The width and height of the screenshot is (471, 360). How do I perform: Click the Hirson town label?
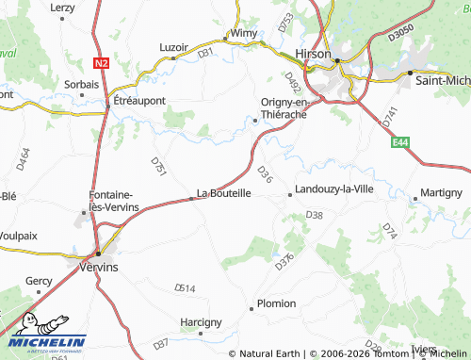(313, 55)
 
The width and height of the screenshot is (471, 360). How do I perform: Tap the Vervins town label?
(99, 268)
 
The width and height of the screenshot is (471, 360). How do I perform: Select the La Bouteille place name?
(223, 193)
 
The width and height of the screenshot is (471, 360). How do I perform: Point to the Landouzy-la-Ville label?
(335, 189)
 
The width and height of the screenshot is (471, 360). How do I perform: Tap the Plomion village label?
(276, 303)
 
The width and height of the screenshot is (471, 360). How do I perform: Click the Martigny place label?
(441, 192)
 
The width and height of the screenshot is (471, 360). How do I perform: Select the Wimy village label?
(243, 33)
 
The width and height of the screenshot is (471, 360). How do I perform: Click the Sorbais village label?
(81, 84)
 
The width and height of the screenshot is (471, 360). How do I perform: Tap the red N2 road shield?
(103, 62)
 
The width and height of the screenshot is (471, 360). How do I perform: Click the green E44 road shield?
(402, 141)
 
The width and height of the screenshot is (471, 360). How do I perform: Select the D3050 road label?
(401, 32)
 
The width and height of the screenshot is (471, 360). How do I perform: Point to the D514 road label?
(185, 287)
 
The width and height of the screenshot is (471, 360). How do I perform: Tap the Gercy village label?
(39, 281)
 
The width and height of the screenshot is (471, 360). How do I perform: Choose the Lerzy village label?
(62, 8)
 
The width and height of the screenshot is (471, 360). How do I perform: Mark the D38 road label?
(315, 216)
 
